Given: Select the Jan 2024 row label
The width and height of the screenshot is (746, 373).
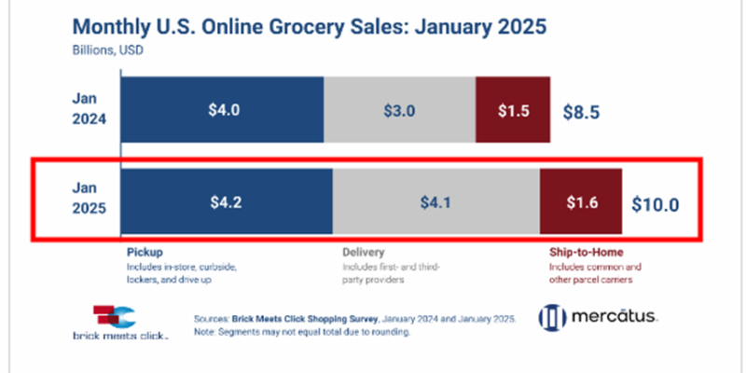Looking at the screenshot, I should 91,109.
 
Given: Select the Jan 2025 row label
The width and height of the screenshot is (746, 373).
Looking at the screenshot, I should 91,200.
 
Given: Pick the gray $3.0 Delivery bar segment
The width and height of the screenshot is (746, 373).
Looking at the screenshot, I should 399,110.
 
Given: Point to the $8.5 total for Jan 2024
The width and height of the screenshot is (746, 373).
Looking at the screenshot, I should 580,112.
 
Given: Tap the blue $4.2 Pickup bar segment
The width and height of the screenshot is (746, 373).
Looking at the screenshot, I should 227,200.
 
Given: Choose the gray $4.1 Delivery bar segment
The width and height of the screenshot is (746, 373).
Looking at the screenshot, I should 435,200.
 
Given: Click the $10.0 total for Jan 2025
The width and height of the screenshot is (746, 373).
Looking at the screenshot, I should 656,202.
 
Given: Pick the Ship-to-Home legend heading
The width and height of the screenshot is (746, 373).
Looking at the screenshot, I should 585,253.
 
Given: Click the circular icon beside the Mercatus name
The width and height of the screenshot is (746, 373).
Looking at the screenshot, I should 552,317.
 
